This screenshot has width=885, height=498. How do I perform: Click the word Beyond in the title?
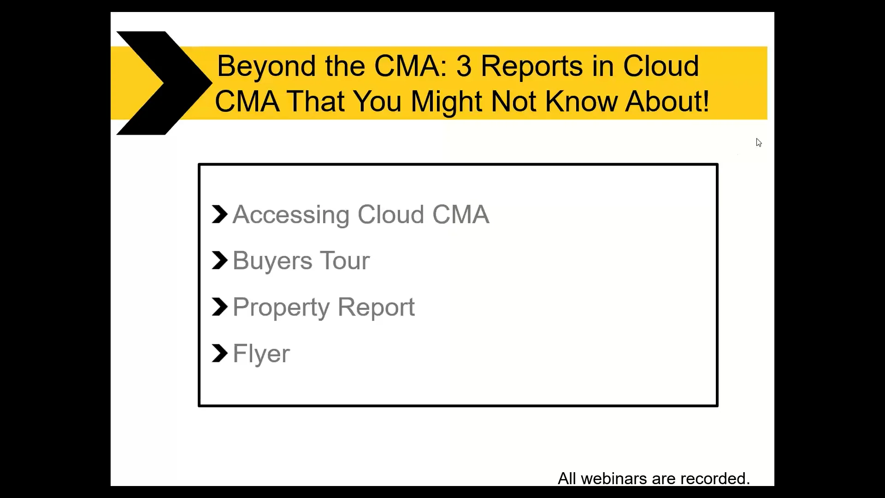click(267, 66)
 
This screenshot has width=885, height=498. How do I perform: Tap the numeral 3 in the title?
click(464, 66)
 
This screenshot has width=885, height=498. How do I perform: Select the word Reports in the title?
click(531, 66)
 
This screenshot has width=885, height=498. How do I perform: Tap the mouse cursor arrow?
click(759, 142)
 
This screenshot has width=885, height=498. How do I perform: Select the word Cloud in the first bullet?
click(390, 215)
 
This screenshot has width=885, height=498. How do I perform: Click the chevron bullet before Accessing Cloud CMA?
click(219, 214)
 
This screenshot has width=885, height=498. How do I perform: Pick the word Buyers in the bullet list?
click(272, 261)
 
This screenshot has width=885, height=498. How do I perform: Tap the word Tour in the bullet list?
click(345, 261)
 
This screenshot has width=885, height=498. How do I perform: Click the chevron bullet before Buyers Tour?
click(219, 261)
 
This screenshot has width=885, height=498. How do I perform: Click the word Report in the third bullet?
click(376, 308)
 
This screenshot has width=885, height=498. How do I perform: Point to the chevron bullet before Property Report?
click(219, 307)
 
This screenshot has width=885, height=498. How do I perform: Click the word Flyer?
click(261, 354)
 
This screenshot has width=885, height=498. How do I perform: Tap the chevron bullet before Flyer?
click(219, 354)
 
